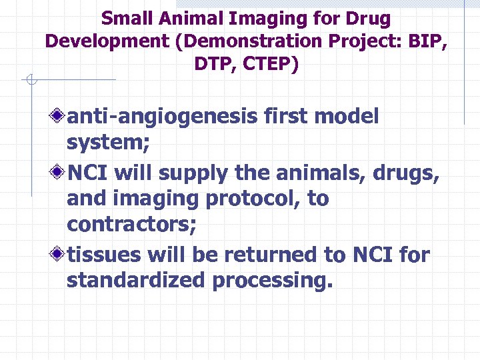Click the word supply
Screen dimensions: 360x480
[194, 175]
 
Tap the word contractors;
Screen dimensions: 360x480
[131, 225]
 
